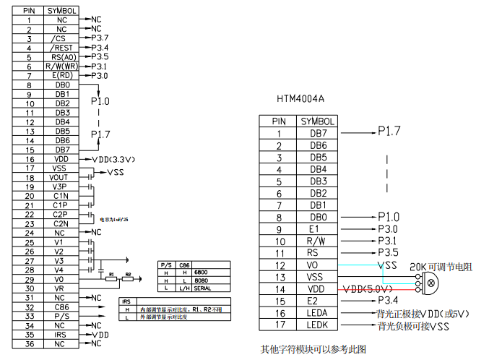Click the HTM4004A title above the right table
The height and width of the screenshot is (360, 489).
(300, 98)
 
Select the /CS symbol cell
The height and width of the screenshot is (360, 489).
(62, 38)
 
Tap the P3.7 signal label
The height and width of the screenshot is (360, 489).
(100, 38)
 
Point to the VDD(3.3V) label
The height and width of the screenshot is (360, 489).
(114, 159)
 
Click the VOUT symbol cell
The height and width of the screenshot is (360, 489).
(62, 177)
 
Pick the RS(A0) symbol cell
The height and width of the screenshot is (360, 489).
(62, 56)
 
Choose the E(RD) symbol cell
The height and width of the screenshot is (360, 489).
(62, 75)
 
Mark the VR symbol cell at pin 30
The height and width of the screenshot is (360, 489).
(62, 288)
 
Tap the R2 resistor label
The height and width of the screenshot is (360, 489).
(128, 275)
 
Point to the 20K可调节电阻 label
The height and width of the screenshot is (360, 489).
(441, 267)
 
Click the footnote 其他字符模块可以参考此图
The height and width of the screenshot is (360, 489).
(313, 348)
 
